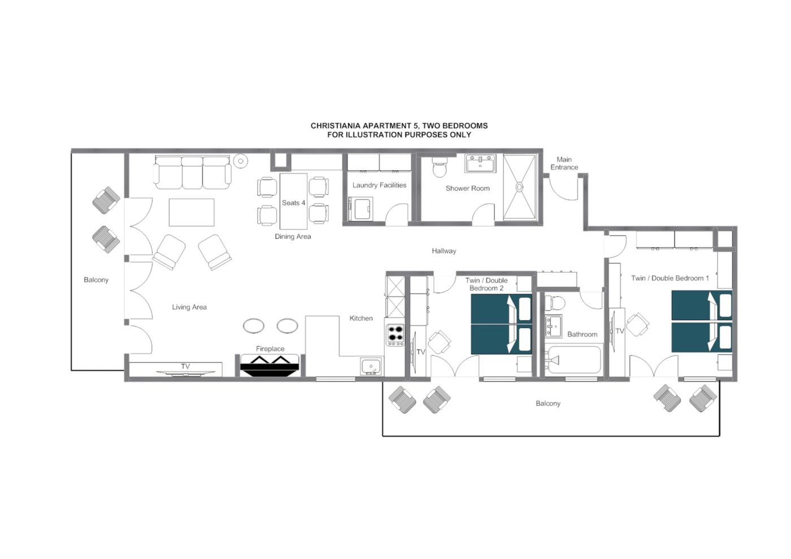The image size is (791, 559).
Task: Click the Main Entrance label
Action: pos(564,163)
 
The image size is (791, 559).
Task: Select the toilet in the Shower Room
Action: pos(440,168)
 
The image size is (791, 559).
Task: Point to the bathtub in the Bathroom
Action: pos(573,360)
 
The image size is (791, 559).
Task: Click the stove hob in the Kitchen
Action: pos(395,334)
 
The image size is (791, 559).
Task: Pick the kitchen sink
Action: pos(371,366)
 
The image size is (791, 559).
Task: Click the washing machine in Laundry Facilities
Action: pos(361,208)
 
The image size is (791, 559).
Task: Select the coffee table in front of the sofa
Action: pos(192,212)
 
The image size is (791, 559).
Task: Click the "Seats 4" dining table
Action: pos(293,202)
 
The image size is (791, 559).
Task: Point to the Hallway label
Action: pos(444,251)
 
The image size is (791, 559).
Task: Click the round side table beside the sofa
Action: pos(241,161)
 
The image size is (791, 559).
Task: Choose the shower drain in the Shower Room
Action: pos(519,187)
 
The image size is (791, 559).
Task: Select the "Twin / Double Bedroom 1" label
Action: pos(670,278)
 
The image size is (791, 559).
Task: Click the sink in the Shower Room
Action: pos(480,164)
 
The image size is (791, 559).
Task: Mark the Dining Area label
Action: pos(293,237)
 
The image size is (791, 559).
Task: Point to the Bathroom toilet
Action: pos(556,302)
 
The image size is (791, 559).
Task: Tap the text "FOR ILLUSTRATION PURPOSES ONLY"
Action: pos(399,134)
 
